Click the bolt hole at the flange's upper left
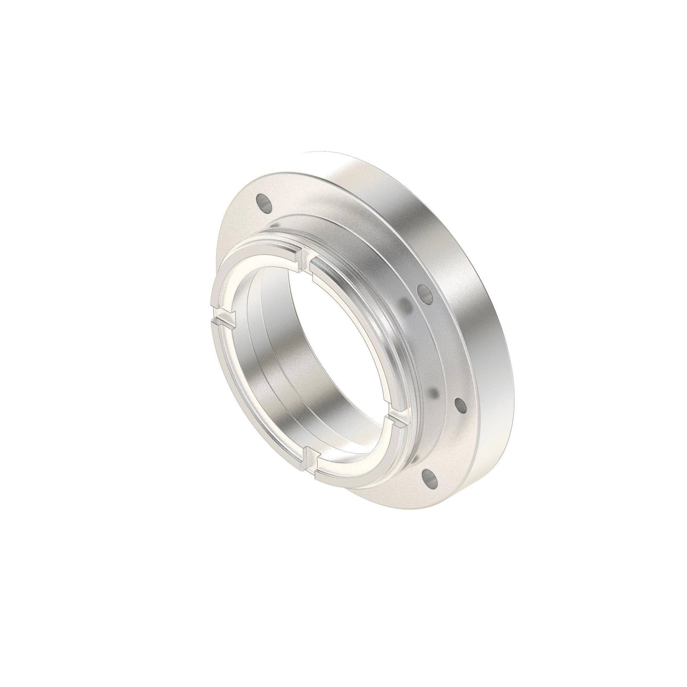tap(264, 202)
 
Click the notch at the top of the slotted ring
tap(303, 262)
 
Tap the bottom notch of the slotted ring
tap(310, 460)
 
